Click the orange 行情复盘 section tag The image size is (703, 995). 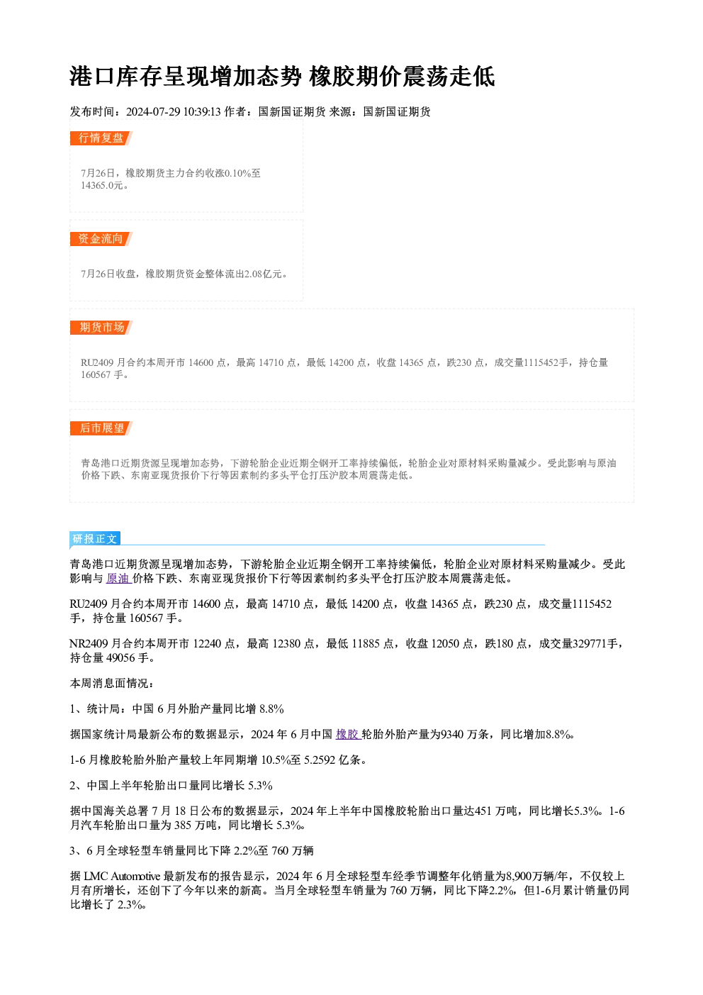point(101,138)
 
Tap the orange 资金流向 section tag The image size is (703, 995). point(101,239)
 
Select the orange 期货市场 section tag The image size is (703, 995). point(101,328)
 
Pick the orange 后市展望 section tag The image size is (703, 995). point(101,428)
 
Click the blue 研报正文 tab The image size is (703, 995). point(95,539)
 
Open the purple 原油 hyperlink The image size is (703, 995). point(118,578)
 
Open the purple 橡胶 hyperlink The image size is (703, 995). point(348,734)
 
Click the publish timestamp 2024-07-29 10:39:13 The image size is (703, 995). point(174,111)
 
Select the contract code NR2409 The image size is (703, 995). point(89,644)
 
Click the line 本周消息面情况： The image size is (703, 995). point(112,683)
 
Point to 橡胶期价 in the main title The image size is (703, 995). point(356,77)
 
